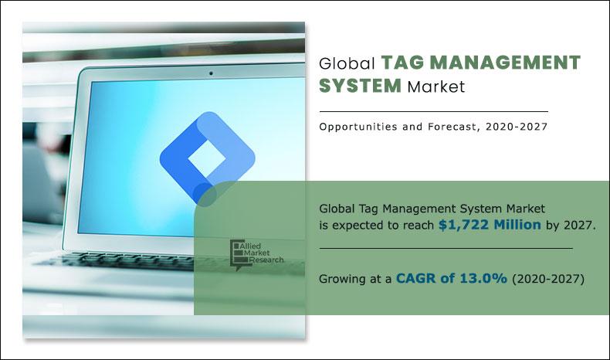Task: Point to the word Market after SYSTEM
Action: point(437,87)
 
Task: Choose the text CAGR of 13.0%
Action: point(452,279)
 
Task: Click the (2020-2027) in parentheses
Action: point(549,279)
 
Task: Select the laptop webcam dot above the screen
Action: point(210,74)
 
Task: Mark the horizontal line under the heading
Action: point(432,111)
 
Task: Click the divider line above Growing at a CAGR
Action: point(446,248)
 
